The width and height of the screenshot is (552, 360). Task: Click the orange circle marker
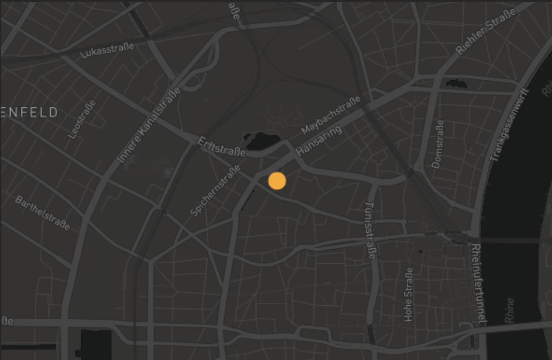coord(277,181)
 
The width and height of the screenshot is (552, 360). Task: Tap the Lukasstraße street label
coord(107,50)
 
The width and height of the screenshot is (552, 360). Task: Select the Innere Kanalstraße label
coord(149,125)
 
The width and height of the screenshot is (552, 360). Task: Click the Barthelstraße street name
coord(42,213)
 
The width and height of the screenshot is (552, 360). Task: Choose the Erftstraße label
coord(222,146)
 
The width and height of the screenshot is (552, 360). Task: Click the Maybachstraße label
coord(331,115)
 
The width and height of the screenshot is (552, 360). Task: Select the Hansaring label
coord(319,140)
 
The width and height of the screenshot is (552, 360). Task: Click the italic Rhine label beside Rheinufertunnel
coord(510,310)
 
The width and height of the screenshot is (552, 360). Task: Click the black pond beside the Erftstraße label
coord(261,141)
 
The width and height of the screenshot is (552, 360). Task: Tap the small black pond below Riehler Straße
coord(456,84)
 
